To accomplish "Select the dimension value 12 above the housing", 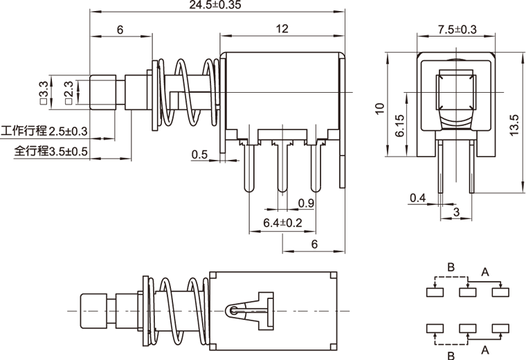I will click(282, 28).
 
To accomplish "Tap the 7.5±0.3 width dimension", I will click(457, 28).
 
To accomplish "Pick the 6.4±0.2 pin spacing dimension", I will click(283, 223).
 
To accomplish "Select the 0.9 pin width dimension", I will click(305, 203).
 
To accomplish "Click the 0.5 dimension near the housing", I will click(199, 154).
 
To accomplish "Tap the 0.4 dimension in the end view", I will click(417, 198).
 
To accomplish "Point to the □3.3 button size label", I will click(44, 92).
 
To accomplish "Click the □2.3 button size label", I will click(69, 92).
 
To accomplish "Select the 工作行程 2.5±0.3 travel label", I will click(46, 131).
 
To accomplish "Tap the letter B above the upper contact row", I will click(451, 267).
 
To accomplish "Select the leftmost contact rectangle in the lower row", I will click(435, 327).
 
